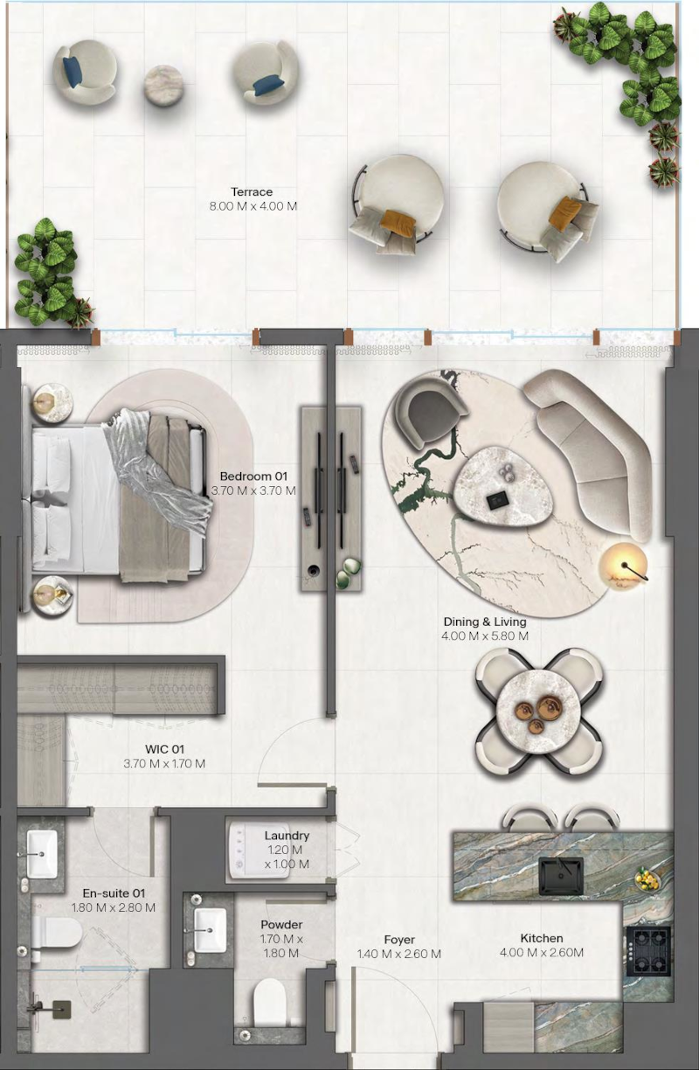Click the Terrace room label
pos(253,192)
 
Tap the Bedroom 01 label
pos(253,476)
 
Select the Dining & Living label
pos(485,622)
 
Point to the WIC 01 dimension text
pos(164,763)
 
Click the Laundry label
pos(287,836)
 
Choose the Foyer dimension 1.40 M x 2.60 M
pos(399,954)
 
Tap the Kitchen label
pos(542,938)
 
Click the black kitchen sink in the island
pos(561,875)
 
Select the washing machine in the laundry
pos(259,851)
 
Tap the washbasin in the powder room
pos(209,927)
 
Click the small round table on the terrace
pos(163,85)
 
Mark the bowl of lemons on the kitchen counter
pos(648,879)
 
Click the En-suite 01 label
pos(114,893)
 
